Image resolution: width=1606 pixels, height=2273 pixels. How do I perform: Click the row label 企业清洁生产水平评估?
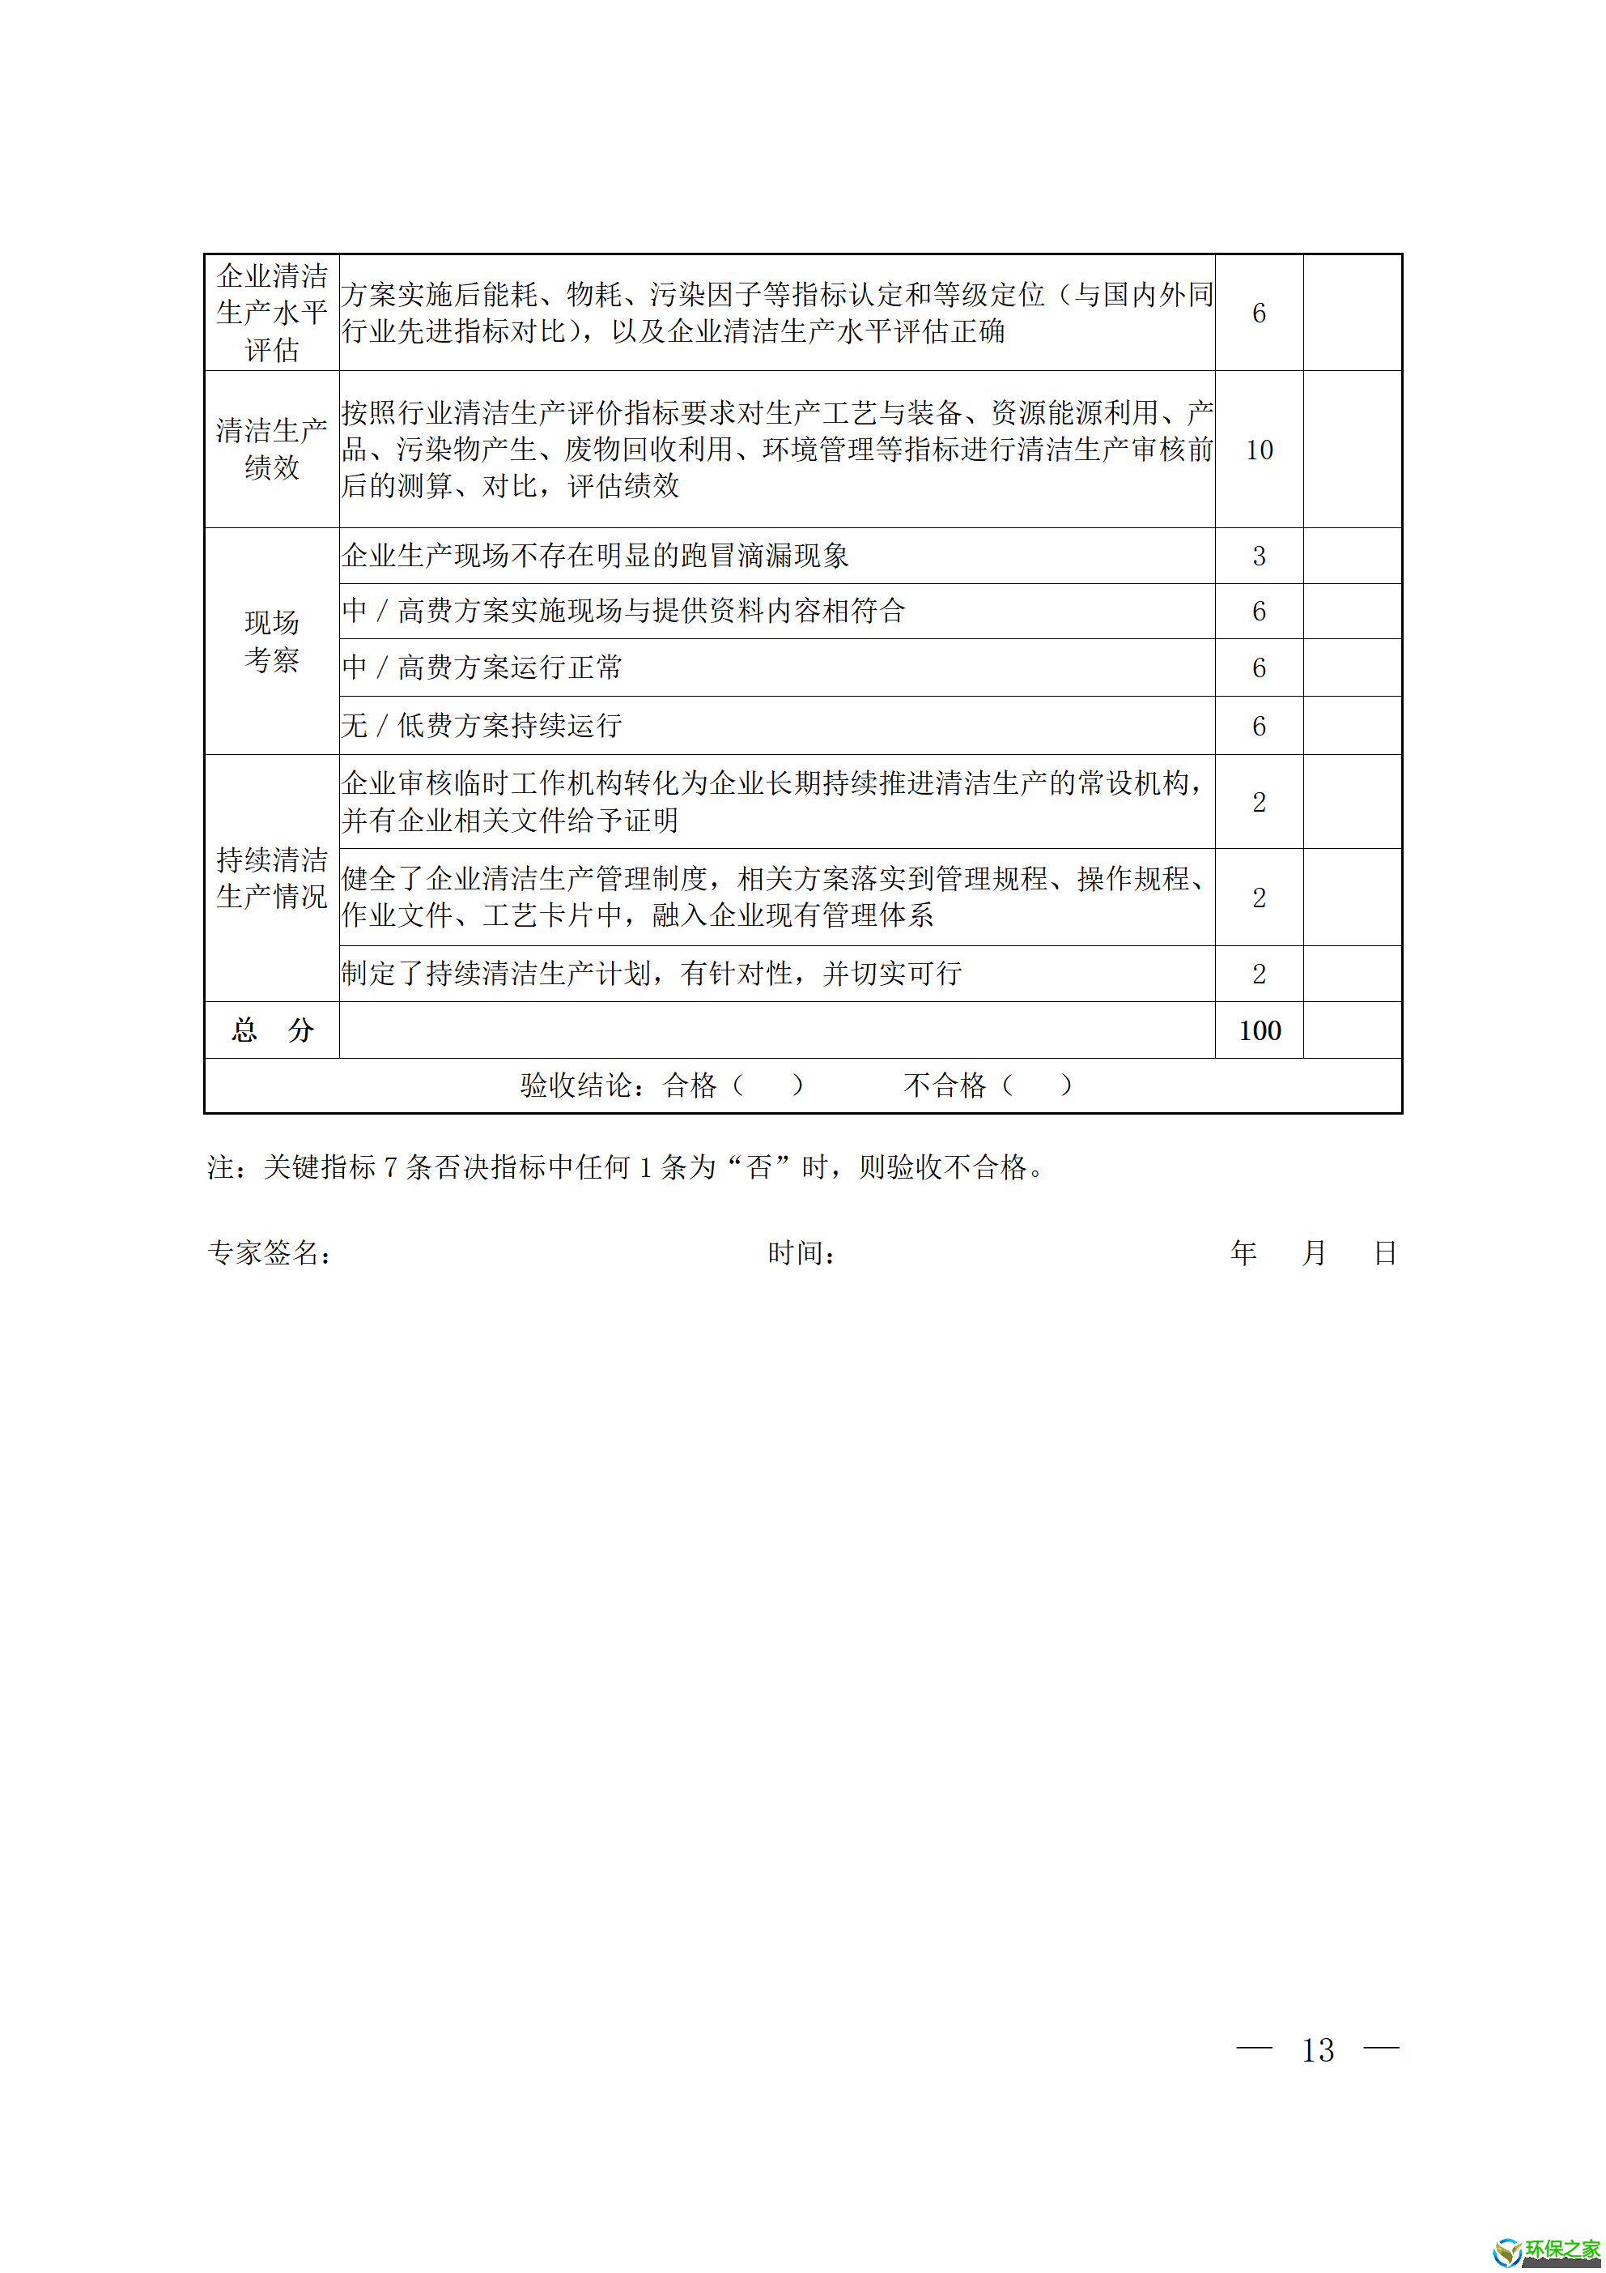pyautogui.click(x=271, y=313)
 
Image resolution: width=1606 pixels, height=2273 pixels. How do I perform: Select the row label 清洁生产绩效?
pyautogui.click(x=271, y=450)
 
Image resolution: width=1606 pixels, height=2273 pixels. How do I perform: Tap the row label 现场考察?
pyautogui.click(x=271, y=642)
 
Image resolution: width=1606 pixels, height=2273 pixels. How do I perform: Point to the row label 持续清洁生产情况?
pyautogui.click(x=271, y=878)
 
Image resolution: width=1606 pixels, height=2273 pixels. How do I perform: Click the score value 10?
pyautogui.click(x=1259, y=450)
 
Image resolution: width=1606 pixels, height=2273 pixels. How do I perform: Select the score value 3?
pyautogui.click(x=1259, y=557)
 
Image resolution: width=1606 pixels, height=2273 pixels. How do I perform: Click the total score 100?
pyautogui.click(x=1259, y=1031)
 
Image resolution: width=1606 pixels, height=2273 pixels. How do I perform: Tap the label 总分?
pyautogui.click(x=272, y=1031)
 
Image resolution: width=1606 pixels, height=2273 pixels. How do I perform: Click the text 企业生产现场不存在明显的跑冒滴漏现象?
pyautogui.click(x=595, y=557)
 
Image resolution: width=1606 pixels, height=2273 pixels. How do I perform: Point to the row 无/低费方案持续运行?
pyautogui.click(x=482, y=726)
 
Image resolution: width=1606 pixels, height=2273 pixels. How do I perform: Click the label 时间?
pyautogui.click(x=801, y=1253)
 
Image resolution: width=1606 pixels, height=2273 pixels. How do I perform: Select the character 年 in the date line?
pyautogui.click(x=1244, y=1253)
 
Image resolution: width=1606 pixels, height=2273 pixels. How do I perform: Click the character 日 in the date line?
pyautogui.click(x=1384, y=1253)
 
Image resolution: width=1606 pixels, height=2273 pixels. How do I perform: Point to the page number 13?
pyautogui.click(x=1317, y=2049)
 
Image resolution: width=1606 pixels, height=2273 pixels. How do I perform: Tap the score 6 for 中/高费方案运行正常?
pyautogui.click(x=1259, y=668)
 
